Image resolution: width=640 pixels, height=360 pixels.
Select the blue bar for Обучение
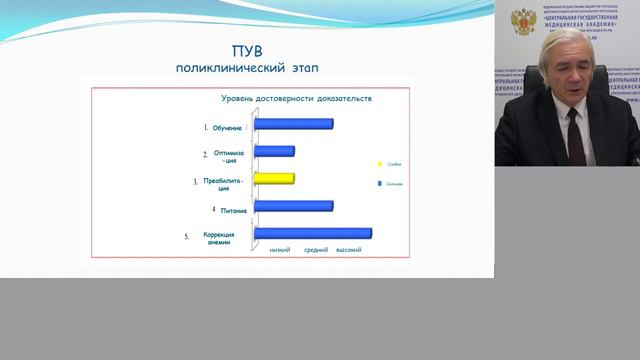click(294, 124)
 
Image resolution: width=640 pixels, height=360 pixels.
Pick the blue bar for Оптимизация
click(275, 151)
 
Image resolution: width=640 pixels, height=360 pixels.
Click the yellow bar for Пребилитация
click(275, 178)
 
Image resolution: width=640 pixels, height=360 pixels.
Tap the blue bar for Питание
click(294, 205)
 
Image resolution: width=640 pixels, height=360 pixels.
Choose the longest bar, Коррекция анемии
click(313, 233)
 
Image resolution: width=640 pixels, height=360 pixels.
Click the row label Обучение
click(226, 128)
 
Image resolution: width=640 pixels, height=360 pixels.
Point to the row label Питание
click(233, 211)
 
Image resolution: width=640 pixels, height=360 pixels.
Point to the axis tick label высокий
click(348, 250)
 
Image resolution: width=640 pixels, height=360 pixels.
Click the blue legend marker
click(380, 184)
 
